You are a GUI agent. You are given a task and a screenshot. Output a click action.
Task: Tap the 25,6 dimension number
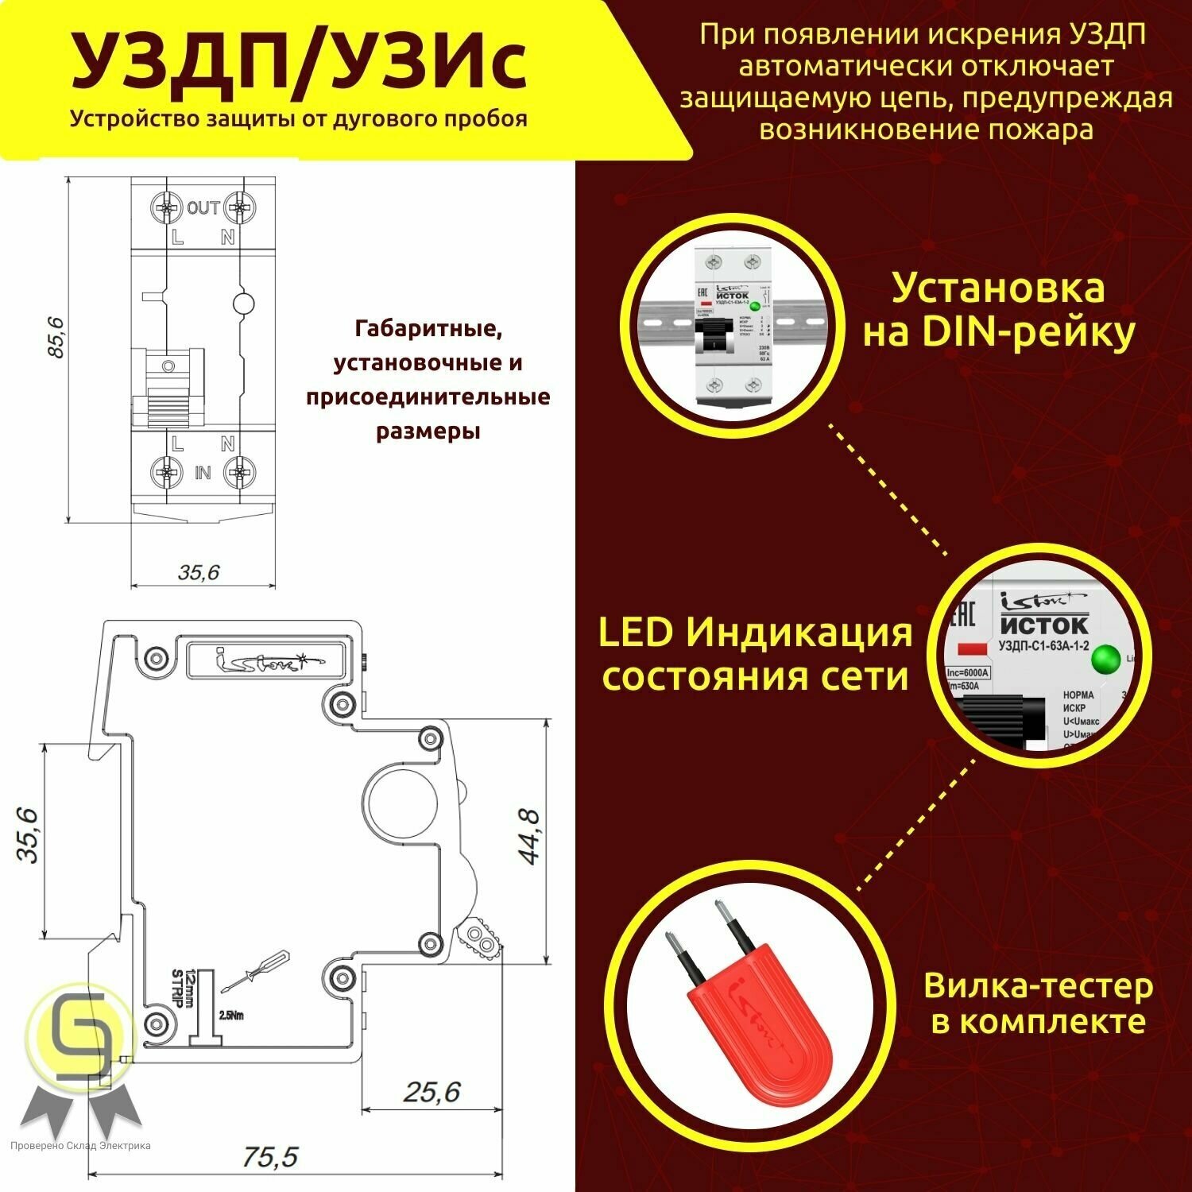(432, 1092)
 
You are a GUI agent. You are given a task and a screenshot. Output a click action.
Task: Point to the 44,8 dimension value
(528, 836)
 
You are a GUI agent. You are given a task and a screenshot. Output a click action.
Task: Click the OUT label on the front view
(203, 208)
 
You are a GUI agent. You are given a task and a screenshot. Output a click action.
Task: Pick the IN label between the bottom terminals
(203, 473)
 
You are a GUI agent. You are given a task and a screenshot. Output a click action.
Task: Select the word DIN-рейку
(1028, 333)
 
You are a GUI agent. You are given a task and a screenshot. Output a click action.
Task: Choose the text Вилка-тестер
(1038, 986)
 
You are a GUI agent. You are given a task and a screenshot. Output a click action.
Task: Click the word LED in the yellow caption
(635, 633)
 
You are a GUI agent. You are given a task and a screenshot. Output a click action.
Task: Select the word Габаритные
(428, 327)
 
